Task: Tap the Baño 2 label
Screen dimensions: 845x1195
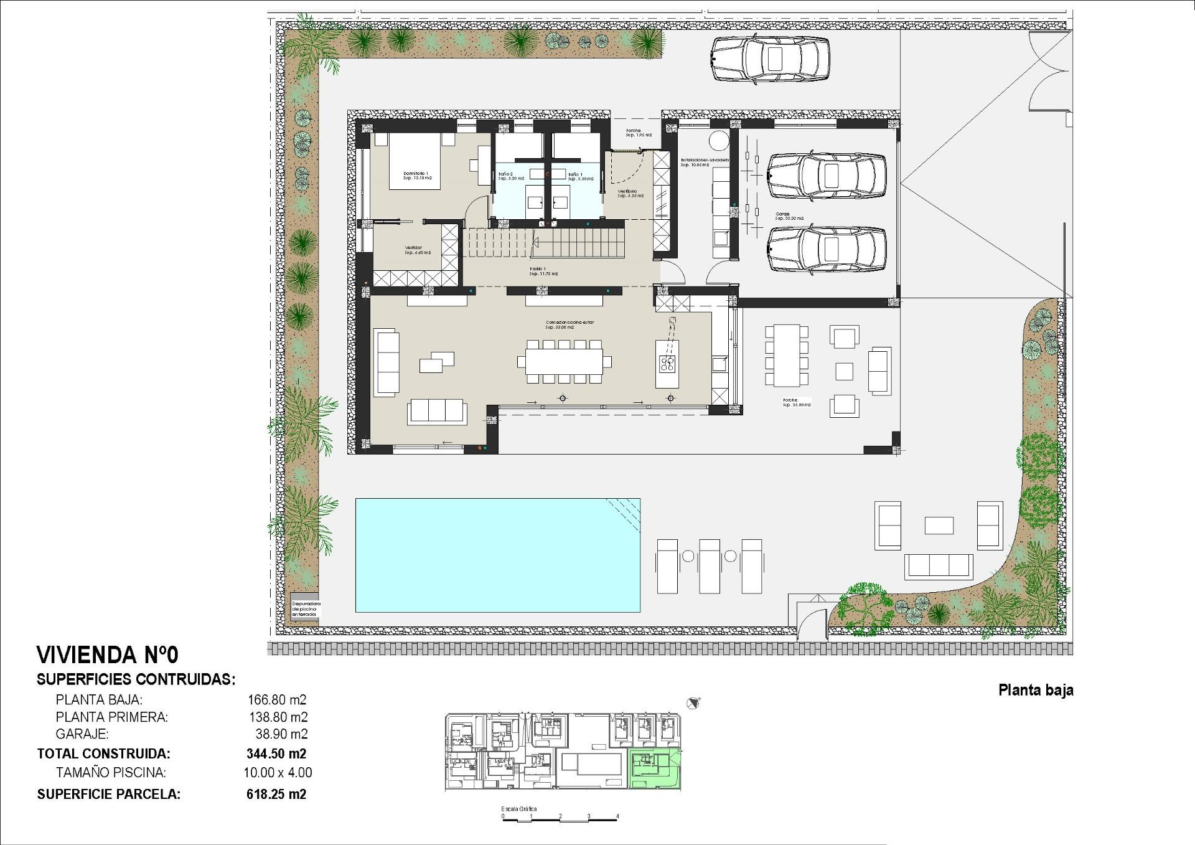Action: point(506,176)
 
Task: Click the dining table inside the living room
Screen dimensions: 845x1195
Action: point(564,362)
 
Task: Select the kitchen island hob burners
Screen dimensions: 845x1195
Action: point(667,364)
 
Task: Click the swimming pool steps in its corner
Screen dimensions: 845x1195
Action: point(625,517)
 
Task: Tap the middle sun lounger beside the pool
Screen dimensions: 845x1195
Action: point(710,565)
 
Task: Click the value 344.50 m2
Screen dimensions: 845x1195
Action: point(276,753)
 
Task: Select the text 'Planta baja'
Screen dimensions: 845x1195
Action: point(1036,690)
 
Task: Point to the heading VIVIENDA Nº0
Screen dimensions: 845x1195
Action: point(108,655)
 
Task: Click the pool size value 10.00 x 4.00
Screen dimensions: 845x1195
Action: point(278,773)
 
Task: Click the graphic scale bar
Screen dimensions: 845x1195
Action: point(560,819)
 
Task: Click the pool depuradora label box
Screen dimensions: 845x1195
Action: point(306,609)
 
